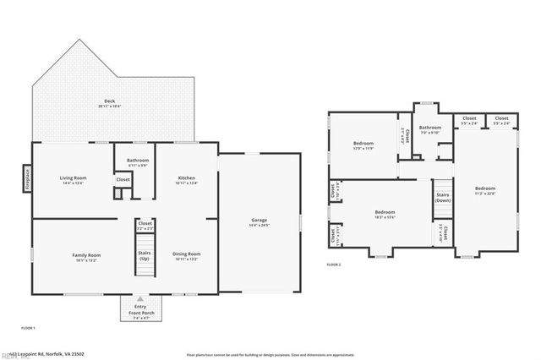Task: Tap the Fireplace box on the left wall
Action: click(x=26, y=178)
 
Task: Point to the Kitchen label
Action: click(x=187, y=179)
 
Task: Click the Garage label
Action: click(x=259, y=222)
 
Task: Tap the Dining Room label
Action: click(x=187, y=255)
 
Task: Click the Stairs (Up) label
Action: click(x=144, y=255)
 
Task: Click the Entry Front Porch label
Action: click(x=140, y=312)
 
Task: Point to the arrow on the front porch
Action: click(x=140, y=298)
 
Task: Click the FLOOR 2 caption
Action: click(x=334, y=265)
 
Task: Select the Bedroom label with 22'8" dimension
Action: click(x=484, y=190)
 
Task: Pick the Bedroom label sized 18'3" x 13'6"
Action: click(x=385, y=214)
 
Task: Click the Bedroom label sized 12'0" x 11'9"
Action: click(x=363, y=145)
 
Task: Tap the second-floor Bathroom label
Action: click(x=430, y=129)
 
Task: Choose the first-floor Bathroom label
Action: click(x=138, y=162)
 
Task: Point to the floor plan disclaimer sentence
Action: click(x=270, y=354)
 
